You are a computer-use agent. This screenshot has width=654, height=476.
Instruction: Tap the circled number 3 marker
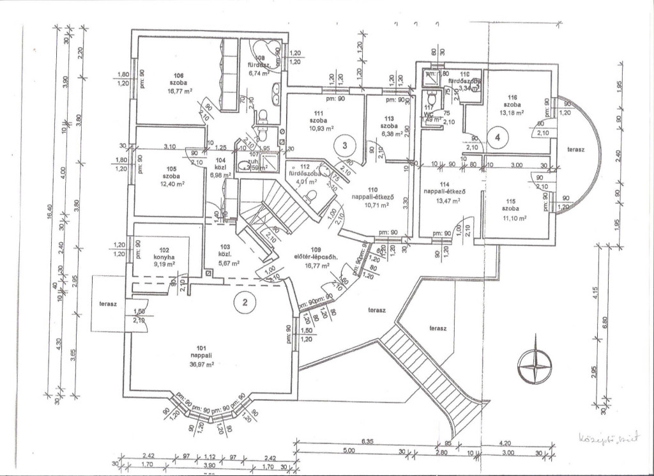click(345, 146)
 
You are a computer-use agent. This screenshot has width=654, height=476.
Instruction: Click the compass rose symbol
click(535, 366)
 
